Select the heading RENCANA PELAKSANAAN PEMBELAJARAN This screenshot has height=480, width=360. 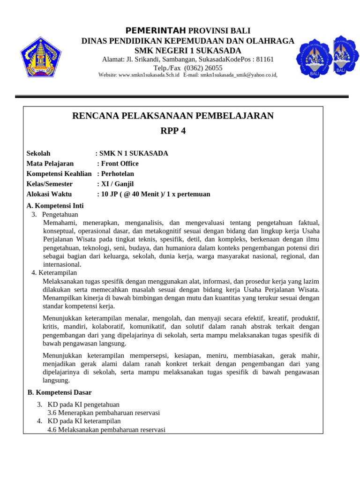coord(173,116)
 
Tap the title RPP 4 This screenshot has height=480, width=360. coord(173,131)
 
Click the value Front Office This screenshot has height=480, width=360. coord(120,164)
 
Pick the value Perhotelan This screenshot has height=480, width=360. coord(117,174)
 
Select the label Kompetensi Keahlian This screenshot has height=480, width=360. coord(59,174)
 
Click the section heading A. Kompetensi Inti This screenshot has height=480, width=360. coord(55,206)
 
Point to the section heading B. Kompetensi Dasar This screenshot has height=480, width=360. coord(60,392)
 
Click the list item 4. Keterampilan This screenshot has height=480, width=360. coord(54,273)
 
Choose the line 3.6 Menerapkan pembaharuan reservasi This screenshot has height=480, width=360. coord(104,413)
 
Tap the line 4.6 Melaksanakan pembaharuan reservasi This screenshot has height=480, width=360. coord(106,430)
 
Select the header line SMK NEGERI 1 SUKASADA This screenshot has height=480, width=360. coord(187,51)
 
